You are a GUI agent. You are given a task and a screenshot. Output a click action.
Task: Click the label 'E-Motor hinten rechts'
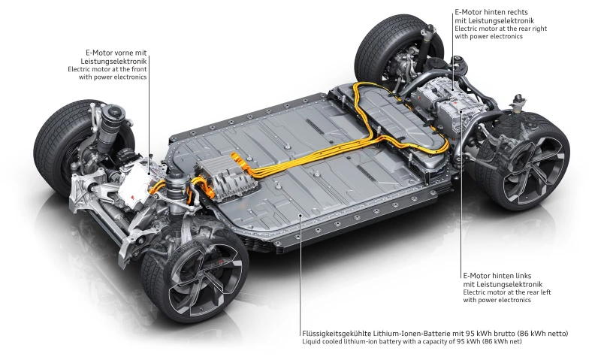[492, 13]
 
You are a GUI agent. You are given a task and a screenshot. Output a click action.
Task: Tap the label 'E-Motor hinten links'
[497, 276]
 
